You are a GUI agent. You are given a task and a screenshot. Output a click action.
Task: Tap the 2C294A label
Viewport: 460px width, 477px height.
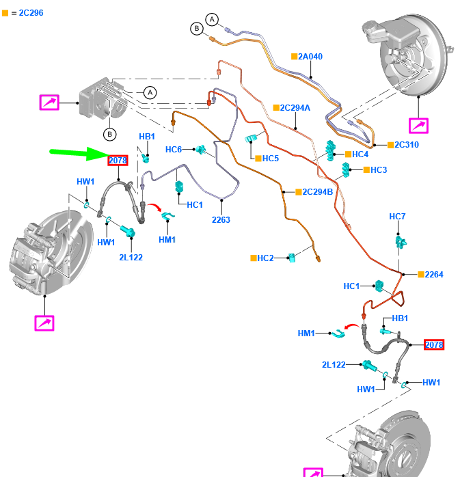pyautogui.click(x=295, y=108)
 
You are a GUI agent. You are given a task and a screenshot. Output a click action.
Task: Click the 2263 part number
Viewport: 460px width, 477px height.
pyautogui.click(x=221, y=220)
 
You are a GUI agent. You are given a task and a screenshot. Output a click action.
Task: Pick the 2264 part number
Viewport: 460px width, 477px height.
pyautogui.click(x=433, y=275)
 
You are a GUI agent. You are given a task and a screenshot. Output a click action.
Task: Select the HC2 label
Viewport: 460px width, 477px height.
pyautogui.click(x=266, y=258)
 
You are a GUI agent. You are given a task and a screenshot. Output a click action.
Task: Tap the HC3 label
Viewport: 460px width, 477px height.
pyautogui.click(x=379, y=169)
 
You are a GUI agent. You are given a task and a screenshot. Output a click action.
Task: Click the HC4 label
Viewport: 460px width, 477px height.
pyautogui.click(x=360, y=154)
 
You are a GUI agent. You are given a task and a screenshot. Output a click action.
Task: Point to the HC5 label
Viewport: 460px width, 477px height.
pyautogui.click(x=271, y=159)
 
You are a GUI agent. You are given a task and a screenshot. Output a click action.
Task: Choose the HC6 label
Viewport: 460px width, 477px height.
pyautogui.click(x=174, y=150)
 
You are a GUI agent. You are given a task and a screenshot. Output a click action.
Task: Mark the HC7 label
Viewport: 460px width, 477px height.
pyautogui.click(x=397, y=217)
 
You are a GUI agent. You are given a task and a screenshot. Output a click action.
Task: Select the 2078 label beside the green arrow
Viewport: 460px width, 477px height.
pyautogui.click(x=118, y=161)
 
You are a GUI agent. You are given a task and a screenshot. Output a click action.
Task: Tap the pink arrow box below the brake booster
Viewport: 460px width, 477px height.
pyautogui.click(x=418, y=126)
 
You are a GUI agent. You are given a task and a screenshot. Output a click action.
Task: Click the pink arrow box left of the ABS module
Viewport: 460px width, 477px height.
pyautogui.click(x=49, y=103)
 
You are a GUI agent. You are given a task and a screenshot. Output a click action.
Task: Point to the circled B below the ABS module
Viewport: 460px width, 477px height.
pyautogui.click(x=109, y=134)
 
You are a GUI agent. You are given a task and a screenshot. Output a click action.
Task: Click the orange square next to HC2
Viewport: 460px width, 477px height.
pyautogui.click(x=253, y=258)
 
